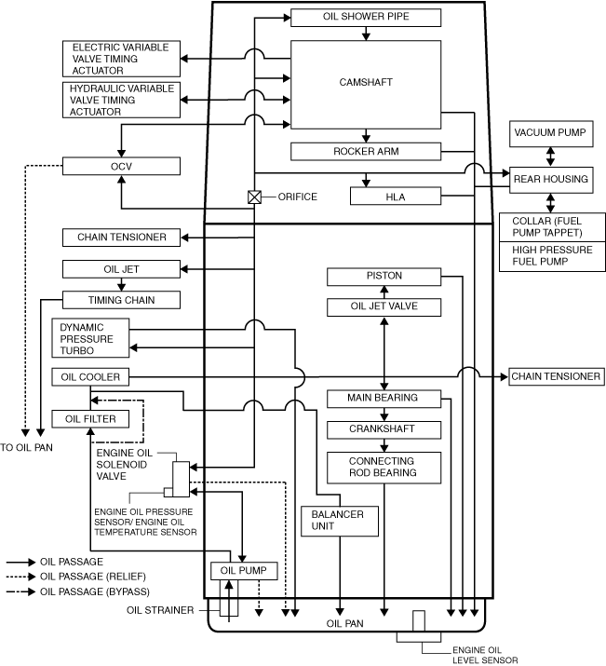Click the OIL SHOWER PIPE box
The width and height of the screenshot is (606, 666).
click(x=366, y=17)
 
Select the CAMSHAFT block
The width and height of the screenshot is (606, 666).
click(x=366, y=84)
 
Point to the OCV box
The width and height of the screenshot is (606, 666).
click(x=120, y=166)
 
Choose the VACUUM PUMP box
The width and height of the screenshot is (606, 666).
click(x=550, y=133)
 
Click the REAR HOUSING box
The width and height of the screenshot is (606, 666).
click(x=550, y=178)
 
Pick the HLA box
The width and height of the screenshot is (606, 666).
click(x=395, y=196)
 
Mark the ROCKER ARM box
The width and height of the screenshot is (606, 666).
click(x=366, y=151)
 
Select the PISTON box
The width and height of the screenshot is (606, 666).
click(x=384, y=277)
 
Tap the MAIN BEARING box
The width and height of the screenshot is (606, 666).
click(x=384, y=399)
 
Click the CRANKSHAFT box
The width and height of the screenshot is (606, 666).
click(x=384, y=429)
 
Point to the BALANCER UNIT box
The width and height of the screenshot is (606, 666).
click(x=339, y=521)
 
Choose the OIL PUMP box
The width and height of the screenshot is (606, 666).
click(x=244, y=571)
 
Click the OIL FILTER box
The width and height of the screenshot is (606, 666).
click(x=89, y=419)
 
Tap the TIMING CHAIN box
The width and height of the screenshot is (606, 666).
click(x=121, y=300)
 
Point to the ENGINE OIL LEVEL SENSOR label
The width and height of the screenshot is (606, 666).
click(x=484, y=654)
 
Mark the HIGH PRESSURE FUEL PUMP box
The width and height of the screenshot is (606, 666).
click(x=550, y=257)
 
